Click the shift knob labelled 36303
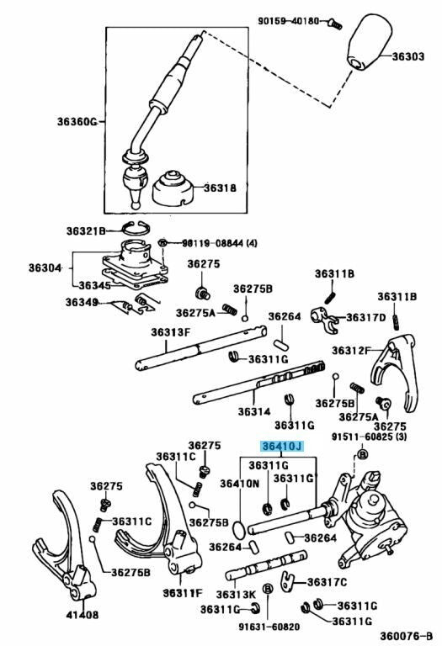(x=369, y=41)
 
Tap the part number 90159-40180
(x=289, y=20)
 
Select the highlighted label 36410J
(x=282, y=446)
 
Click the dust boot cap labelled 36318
(x=173, y=188)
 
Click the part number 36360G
(x=77, y=121)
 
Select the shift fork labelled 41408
(x=66, y=548)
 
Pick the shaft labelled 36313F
(x=201, y=348)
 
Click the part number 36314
(x=254, y=411)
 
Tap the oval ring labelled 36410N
(x=239, y=529)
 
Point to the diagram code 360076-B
(x=406, y=636)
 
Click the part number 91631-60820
(x=269, y=627)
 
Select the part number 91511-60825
(x=362, y=437)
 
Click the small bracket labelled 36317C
(x=287, y=581)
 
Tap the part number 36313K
(x=236, y=594)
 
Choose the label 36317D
(x=365, y=317)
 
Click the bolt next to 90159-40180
(x=335, y=24)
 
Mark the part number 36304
(x=45, y=267)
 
